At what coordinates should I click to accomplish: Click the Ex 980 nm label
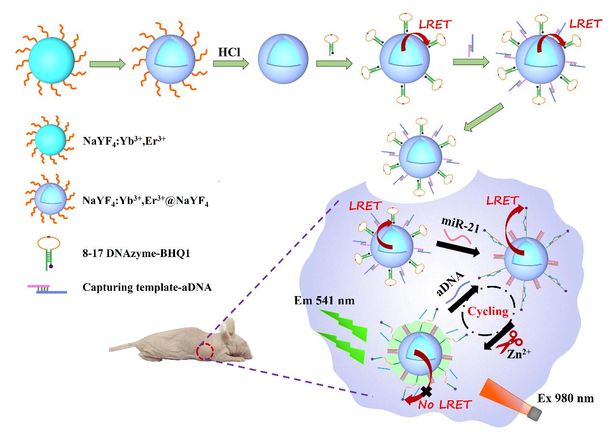pos(565,398)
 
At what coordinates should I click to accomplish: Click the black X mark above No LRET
pos(426,391)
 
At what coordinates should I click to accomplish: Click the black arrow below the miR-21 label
pos(461,250)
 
